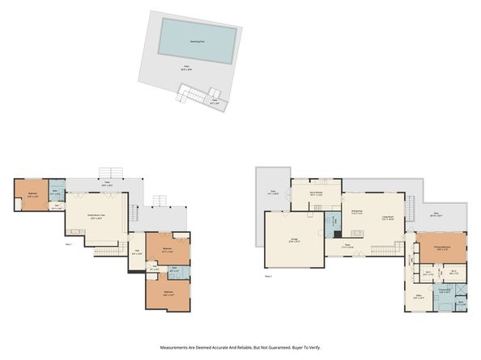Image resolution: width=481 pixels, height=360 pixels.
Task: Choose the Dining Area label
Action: tap(357, 214)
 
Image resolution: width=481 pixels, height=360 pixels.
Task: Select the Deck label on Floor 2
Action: tap(435, 215)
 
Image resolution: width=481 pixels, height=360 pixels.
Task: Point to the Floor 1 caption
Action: tap(69, 244)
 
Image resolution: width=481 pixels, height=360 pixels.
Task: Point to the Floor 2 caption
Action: tap(268, 275)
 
